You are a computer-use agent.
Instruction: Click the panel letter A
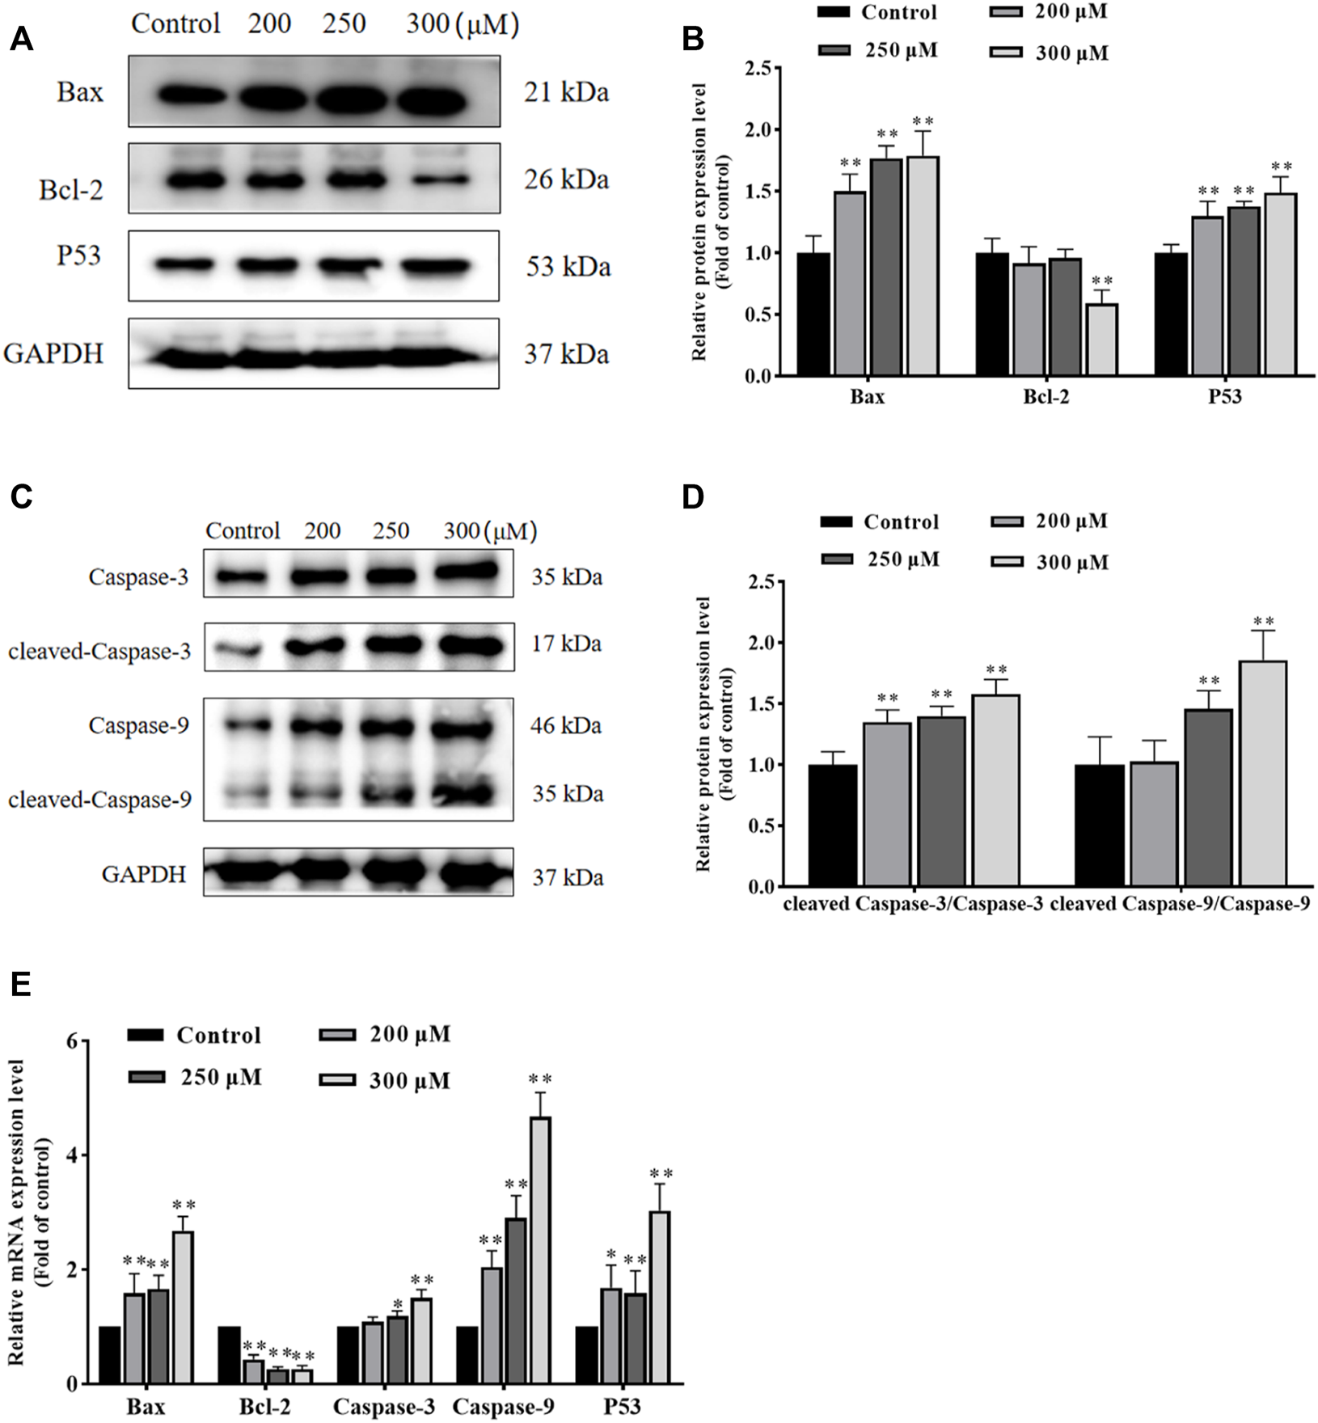pyautogui.click(x=21, y=39)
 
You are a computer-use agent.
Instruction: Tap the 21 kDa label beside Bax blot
pyautogui.click(x=566, y=93)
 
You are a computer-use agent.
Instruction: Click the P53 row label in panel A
pyautogui.click(x=78, y=255)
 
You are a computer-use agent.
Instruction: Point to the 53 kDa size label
pyautogui.click(x=568, y=267)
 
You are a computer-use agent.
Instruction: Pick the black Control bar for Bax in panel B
pyautogui.click(x=813, y=315)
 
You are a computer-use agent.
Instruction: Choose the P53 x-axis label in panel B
pyautogui.click(x=1225, y=397)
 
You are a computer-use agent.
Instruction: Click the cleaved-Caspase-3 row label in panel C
pyautogui.click(x=99, y=651)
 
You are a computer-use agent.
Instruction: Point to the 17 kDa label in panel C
pyautogui.click(x=567, y=644)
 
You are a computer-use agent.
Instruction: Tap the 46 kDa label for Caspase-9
pyautogui.click(x=567, y=726)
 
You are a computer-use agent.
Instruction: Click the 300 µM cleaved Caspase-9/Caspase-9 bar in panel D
pyautogui.click(x=1263, y=774)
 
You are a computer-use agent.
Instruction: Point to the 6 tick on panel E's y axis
pyautogui.click(x=72, y=1041)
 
